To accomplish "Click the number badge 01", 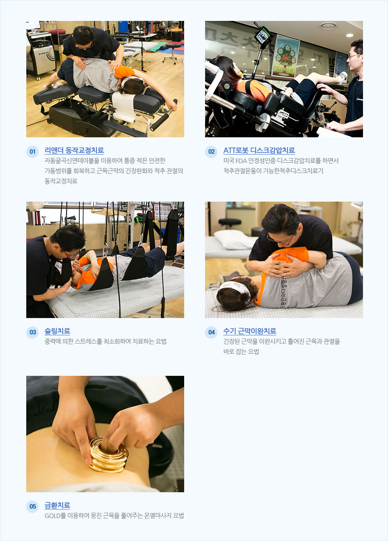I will click(32, 152).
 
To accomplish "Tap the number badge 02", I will click(211, 152).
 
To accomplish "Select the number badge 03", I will click(32, 332).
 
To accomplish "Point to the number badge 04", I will click(211, 332).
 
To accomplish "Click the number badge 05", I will click(32, 507).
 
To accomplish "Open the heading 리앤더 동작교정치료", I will click(74, 150).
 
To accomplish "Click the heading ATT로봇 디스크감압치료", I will click(259, 150).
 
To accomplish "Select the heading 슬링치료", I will click(57, 331).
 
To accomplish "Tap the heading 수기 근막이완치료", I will click(249, 331).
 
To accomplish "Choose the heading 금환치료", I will click(57, 505).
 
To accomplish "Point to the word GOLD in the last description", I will click(52, 516).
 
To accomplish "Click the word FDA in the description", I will click(241, 161).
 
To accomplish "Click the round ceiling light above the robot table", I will click(328, 26).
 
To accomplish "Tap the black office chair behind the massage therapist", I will click(230, 223).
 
